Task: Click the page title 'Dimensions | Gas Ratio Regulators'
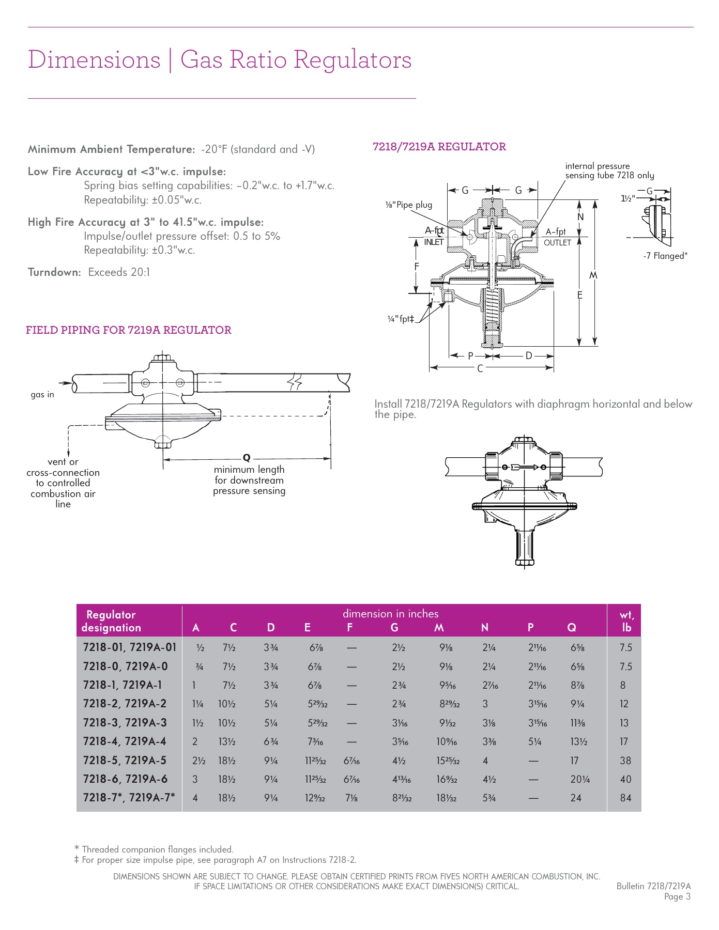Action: coord(220,60)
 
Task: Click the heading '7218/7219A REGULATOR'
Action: coord(439,147)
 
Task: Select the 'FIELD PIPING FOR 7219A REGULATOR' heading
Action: coord(129,330)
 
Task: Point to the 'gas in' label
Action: coord(42,395)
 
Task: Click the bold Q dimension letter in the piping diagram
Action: coord(247,458)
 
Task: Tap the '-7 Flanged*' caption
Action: coord(665,256)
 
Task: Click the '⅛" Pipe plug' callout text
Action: coord(408,205)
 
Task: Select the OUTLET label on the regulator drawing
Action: coord(557,243)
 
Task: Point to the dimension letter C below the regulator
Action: coord(480,368)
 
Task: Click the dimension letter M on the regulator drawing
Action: coord(593,276)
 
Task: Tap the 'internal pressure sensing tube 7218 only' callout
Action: coord(609,171)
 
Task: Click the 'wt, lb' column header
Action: coord(626,621)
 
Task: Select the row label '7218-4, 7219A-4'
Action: coord(125,741)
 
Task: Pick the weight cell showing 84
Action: coord(625,798)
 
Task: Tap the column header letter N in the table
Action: coord(485,628)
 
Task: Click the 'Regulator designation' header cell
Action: coord(111,621)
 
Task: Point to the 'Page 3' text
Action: coord(677,896)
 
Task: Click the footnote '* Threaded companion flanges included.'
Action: coord(154,849)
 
